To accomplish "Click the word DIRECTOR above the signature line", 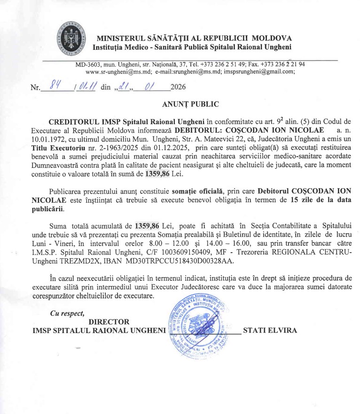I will pos(109,321).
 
